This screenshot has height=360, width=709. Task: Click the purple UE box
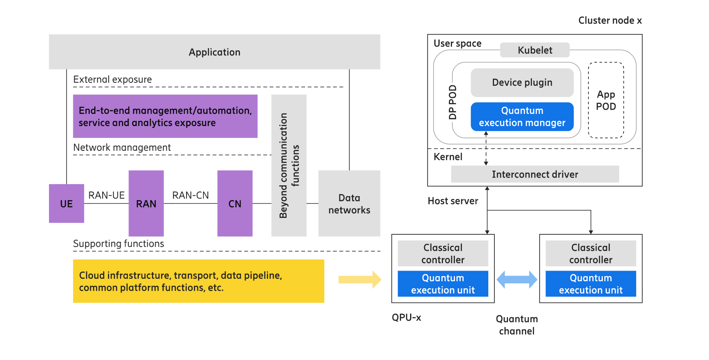coord(66,203)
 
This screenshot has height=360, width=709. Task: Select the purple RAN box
coord(146,203)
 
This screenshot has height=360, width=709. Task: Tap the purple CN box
coord(235,203)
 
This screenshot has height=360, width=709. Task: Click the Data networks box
coord(349,203)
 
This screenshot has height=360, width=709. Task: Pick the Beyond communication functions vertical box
coord(289,165)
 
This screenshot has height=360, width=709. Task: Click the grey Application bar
coord(215,52)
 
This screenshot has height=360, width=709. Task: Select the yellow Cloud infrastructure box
coord(198,281)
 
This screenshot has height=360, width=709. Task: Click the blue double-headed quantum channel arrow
coord(517,280)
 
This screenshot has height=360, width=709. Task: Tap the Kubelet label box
coord(535,50)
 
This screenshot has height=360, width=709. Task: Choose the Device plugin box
coord(522,82)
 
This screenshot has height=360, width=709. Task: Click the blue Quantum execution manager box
coord(522,117)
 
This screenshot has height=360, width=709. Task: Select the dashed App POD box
coord(606,100)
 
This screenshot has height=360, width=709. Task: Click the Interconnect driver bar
coord(535,174)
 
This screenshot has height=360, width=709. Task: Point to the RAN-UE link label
coord(106,195)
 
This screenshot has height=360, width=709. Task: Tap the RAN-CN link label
coord(190,195)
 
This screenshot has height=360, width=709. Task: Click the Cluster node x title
coord(610,21)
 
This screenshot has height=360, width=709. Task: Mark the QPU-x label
coord(406,318)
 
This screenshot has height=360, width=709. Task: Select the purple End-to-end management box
coord(165,116)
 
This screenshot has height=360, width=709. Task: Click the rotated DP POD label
coord(453,102)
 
